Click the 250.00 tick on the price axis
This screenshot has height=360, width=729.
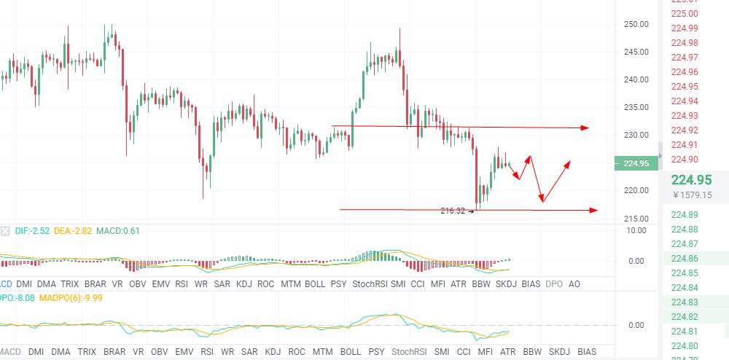pos(636,24)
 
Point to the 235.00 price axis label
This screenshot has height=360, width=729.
pos(636,107)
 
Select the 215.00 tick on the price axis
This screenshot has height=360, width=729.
pos(636,219)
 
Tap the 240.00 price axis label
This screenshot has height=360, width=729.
pos(636,79)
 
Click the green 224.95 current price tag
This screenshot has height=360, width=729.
pos(636,163)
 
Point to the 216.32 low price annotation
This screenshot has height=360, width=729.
pos(453,211)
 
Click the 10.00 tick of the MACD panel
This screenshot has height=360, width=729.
pos(636,230)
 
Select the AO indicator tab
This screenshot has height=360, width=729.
pos(574,283)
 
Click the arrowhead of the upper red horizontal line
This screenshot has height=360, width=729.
pos(585,128)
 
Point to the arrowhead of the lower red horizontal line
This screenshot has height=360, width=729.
pos(593,211)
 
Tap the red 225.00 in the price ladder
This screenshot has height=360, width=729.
pos(684,13)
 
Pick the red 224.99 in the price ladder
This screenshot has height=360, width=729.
pos(684,28)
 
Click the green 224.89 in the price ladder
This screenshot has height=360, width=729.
pos(684,215)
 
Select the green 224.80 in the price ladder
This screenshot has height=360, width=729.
pos(684,346)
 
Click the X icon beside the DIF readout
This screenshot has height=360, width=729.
pos(6,231)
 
